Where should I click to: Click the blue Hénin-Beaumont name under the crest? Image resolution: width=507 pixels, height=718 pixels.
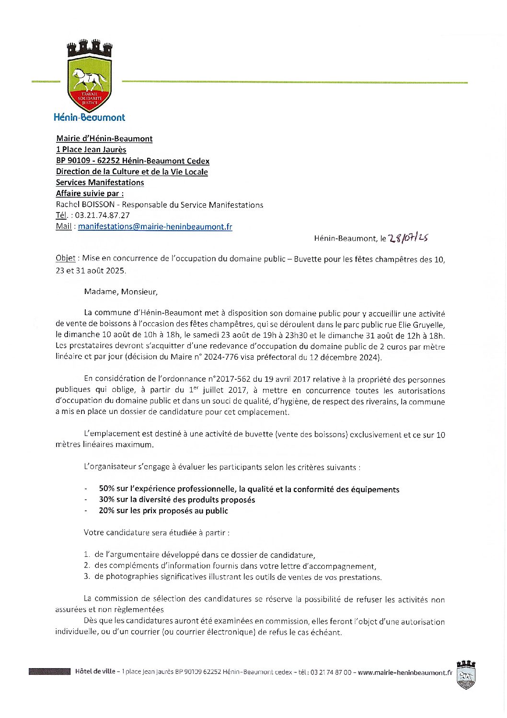(x=89, y=117)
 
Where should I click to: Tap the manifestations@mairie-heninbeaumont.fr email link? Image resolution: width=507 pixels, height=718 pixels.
(x=155, y=226)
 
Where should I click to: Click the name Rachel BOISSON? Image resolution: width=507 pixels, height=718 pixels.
(x=85, y=205)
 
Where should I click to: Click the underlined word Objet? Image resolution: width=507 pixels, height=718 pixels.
(x=65, y=258)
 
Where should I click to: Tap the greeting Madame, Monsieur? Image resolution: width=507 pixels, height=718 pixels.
(x=121, y=291)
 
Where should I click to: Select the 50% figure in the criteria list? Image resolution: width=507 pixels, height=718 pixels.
(x=106, y=489)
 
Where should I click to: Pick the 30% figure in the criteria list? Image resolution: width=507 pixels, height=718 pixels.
(x=106, y=500)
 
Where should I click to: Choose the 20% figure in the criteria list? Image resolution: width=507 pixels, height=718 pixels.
(x=106, y=511)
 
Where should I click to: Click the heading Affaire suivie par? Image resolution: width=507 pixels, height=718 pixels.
(x=90, y=193)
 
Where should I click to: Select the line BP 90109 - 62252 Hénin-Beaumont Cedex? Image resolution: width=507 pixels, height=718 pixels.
(x=132, y=161)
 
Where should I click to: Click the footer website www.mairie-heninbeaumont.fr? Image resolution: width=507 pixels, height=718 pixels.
(x=405, y=672)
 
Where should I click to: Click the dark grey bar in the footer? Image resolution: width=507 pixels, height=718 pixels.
(x=49, y=671)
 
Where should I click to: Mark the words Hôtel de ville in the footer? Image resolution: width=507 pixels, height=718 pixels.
(x=95, y=671)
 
